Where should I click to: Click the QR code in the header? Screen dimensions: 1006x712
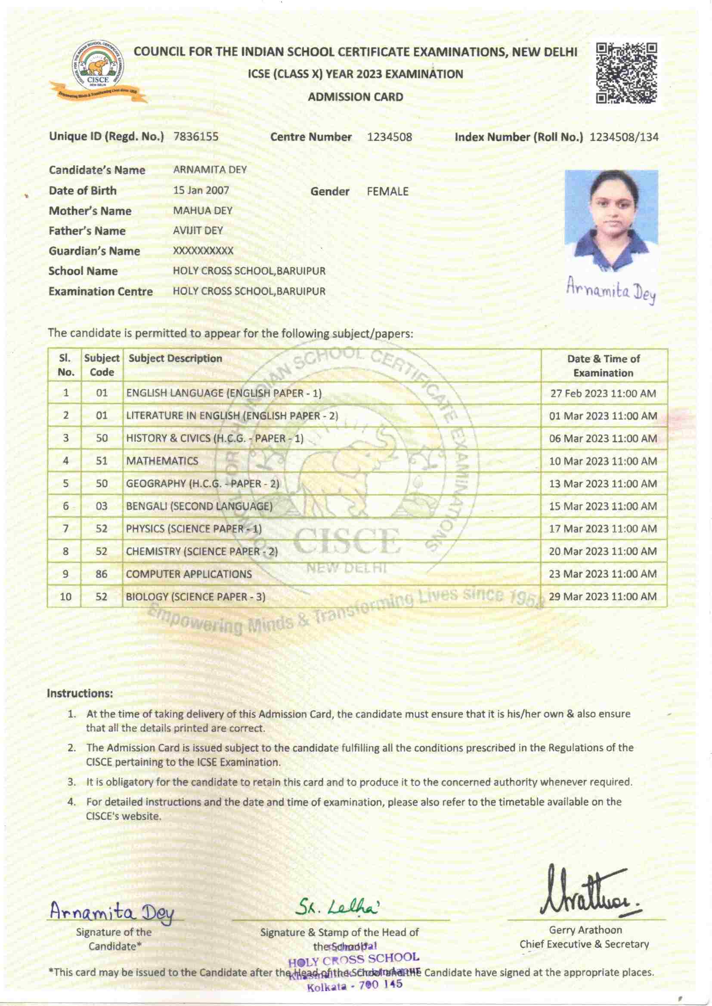click(627, 73)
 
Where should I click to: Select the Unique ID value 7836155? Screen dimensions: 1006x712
click(196, 137)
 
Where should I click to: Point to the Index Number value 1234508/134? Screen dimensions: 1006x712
click(624, 137)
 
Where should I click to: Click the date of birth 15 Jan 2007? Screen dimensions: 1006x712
click(201, 191)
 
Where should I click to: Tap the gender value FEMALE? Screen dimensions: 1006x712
click(387, 191)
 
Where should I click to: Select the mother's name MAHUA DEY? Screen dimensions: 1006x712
click(203, 211)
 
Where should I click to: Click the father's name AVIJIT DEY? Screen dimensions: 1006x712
click(198, 231)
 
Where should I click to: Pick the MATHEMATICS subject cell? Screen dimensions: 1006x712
click(162, 461)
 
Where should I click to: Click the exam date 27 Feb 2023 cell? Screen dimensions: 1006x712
click(603, 393)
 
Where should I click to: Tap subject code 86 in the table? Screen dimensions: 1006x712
click(101, 574)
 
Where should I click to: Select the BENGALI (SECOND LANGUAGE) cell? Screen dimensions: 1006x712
click(199, 506)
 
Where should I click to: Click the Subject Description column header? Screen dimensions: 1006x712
click(175, 358)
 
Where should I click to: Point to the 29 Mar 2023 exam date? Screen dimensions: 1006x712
click(603, 597)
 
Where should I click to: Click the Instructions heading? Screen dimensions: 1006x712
click(80, 694)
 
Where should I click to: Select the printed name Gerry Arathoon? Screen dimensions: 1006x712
click(585, 930)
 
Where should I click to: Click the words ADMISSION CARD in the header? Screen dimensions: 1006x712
click(355, 97)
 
